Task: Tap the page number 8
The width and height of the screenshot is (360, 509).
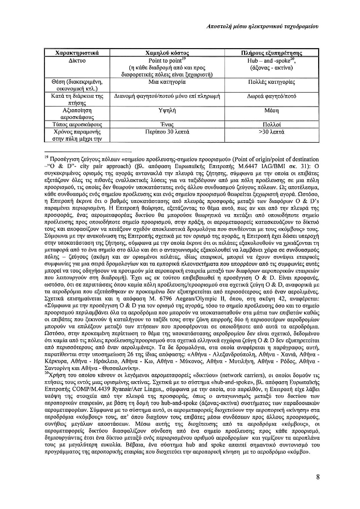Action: pos(318,477)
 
